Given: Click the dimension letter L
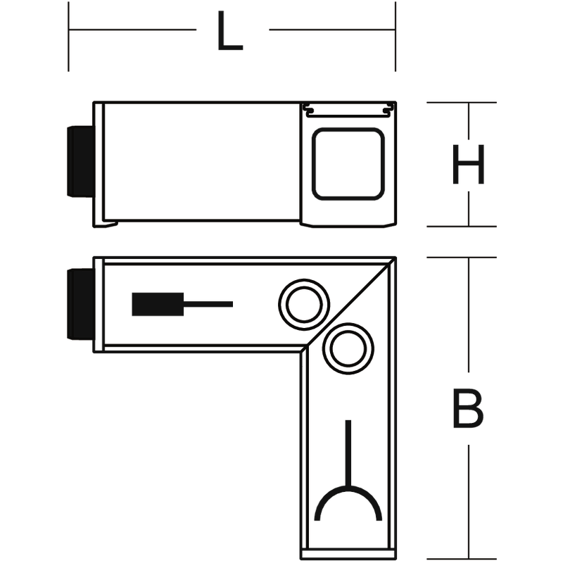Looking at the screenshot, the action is tap(230, 30).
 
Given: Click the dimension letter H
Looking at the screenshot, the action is tap(469, 164).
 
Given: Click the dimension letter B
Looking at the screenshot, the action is tap(468, 408).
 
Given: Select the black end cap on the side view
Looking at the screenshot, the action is tap(80, 161).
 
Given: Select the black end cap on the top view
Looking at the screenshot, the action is tap(80, 304).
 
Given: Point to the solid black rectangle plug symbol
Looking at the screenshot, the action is tap(158, 304).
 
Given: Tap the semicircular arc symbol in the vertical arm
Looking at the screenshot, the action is tap(348, 488).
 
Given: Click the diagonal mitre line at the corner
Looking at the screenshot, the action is tap(348, 304).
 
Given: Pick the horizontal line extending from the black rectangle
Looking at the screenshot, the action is tap(208, 304).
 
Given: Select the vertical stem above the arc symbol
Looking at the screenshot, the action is tap(348, 453).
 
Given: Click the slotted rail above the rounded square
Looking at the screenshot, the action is tap(348, 110).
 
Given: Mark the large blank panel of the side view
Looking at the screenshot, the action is tap(201, 162).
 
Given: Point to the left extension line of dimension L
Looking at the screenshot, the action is tap(68, 37).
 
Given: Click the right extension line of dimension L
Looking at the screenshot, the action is tap(396, 37).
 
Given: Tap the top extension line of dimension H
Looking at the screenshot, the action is tap(462, 102).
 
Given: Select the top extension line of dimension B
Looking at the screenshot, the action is tap(462, 258).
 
